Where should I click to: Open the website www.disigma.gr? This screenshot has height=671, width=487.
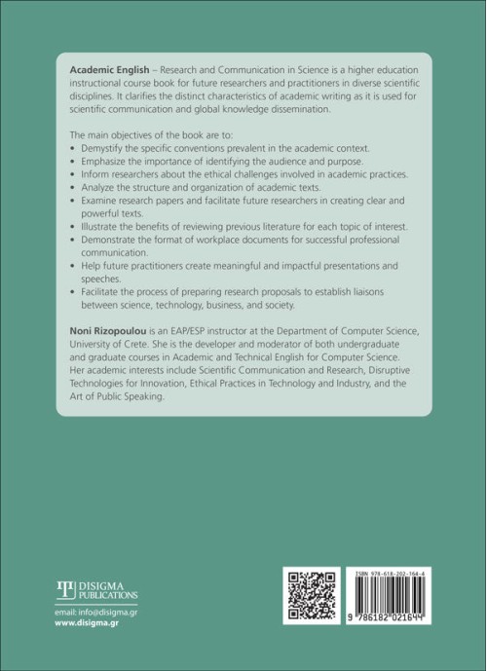tap(92, 626)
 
